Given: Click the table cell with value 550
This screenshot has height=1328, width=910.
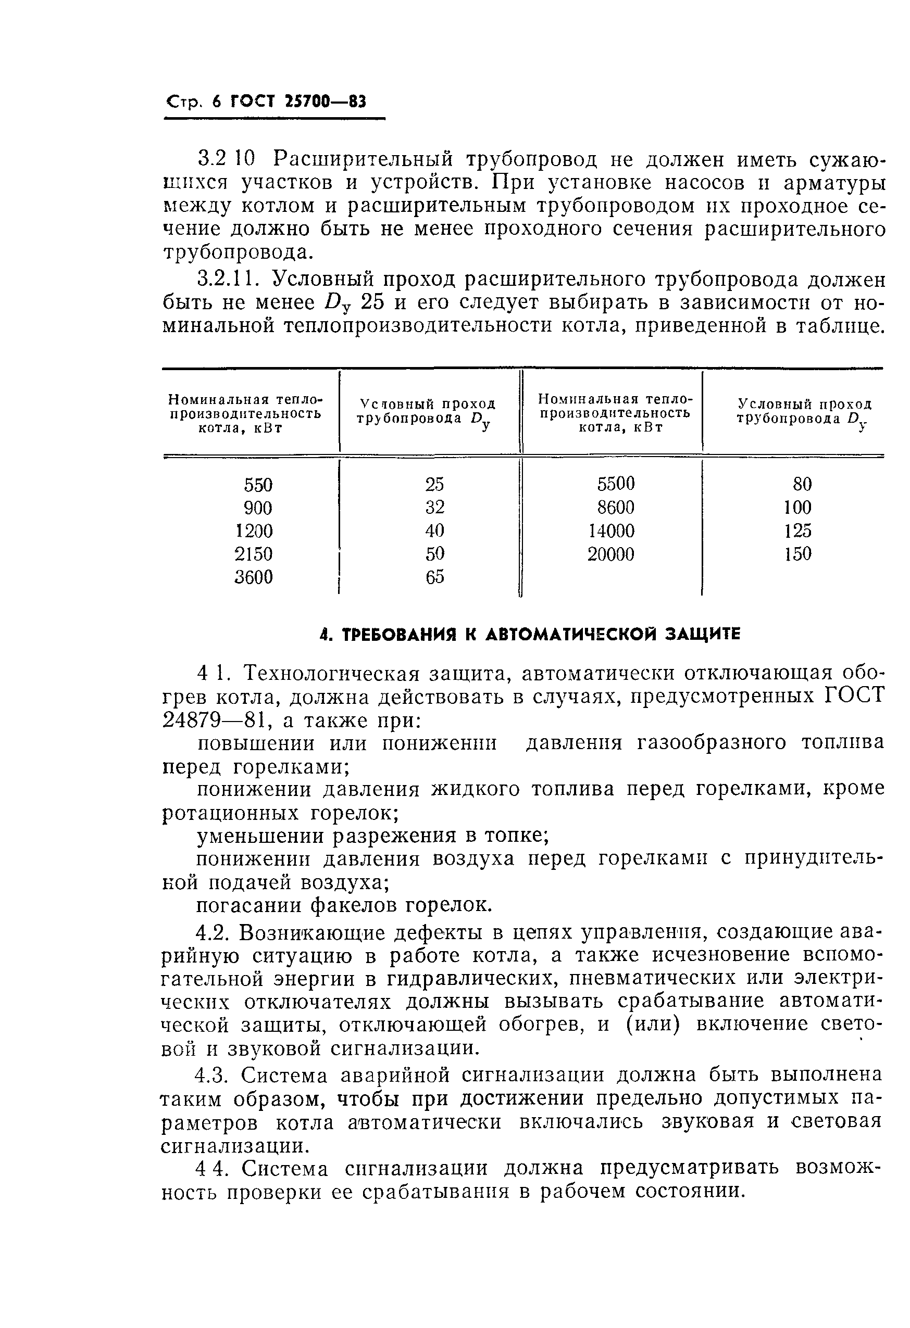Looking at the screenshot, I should point(258,485).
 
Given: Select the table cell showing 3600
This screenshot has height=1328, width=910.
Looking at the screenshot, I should point(254,578).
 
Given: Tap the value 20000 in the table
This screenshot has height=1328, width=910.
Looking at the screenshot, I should point(610,554).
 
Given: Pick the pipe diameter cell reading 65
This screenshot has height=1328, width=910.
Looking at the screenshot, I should point(434,577).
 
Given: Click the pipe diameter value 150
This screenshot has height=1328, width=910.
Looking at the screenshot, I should point(797,554).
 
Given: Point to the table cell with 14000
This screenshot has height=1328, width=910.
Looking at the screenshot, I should point(611,532).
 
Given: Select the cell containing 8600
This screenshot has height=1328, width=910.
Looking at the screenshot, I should point(615,508).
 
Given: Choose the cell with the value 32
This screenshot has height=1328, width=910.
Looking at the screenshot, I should point(434,508).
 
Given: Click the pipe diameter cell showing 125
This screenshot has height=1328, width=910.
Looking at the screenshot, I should point(797,532).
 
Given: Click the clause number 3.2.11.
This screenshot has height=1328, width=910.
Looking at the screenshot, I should point(228,279).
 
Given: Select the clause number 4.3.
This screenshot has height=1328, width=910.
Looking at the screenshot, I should point(211,1076).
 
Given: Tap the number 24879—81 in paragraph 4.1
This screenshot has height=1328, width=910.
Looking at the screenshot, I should point(209,720).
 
